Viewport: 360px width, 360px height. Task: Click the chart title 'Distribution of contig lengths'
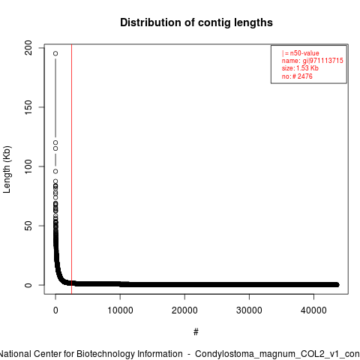click(x=196, y=22)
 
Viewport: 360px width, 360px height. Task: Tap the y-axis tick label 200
click(x=28, y=47)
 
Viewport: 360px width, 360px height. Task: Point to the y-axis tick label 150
click(x=28, y=107)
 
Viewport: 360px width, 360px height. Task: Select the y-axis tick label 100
click(x=28, y=166)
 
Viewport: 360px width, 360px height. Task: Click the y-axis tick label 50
click(x=28, y=226)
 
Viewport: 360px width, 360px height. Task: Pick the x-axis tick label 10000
click(x=120, y=310)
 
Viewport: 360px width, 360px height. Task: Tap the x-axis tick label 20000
click(x=184, y=310)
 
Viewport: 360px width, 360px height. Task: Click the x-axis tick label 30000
click(x=249, y=310)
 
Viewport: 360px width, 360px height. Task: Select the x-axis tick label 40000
click(x=313, y=310)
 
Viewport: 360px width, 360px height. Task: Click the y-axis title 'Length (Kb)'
click(x=7, y=169)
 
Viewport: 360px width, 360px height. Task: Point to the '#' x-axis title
click(x=196, y=332)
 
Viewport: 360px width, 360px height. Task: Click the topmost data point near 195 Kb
click(x=55, y=53)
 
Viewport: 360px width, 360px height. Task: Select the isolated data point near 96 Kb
click(x=55, y=171)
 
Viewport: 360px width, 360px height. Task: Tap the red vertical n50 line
click(x=72, y=169)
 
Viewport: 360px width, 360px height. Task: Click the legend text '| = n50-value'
click(x=301, y=53)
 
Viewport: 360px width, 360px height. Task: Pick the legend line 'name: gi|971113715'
click(x=313, y=61)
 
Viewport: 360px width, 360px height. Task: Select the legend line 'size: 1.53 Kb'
click(x=300, y=68)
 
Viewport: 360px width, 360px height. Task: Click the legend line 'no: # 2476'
click(x=297, y=76)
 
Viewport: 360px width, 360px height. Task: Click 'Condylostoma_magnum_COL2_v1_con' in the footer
click(x=277, y=354)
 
